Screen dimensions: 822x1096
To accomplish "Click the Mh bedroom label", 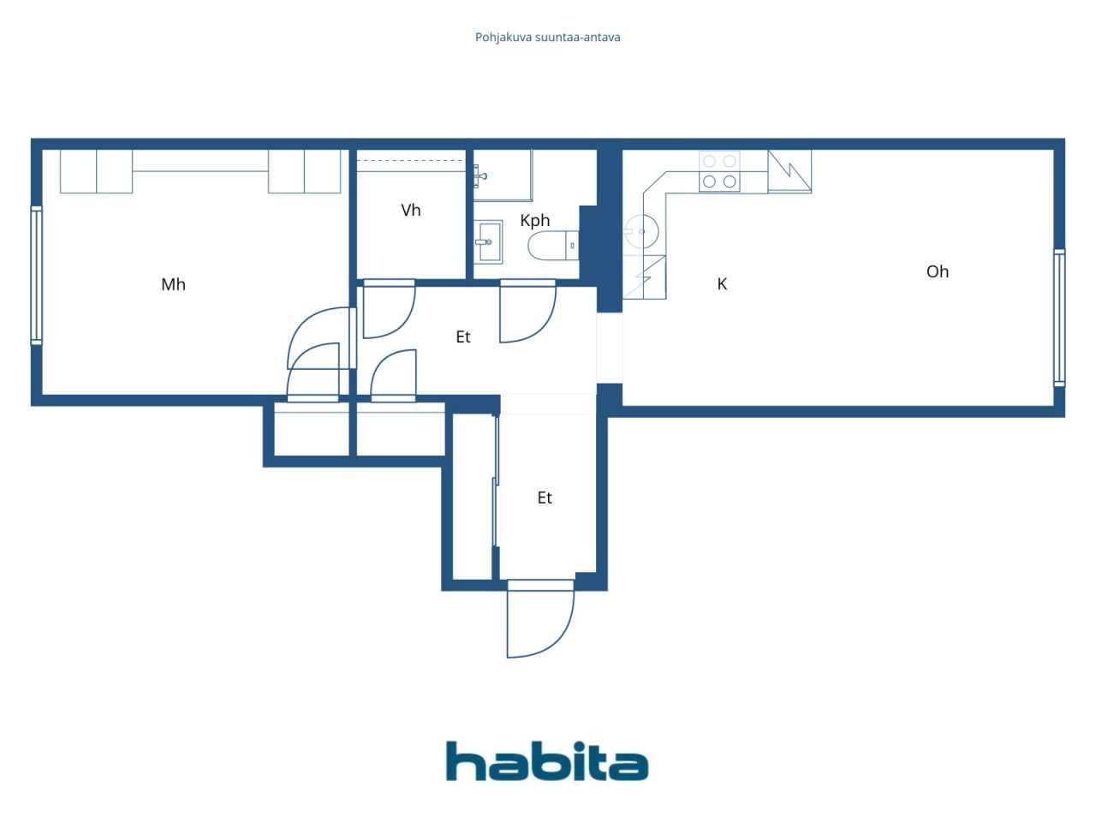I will point(173,284).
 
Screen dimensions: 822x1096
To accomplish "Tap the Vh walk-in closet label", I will point(411,210).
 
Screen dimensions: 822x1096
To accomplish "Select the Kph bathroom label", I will point(535,220).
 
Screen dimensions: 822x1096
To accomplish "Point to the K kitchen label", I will point(722,284).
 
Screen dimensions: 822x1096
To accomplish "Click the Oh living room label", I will point(938,271).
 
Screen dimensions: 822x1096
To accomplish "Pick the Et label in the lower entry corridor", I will point(545,497).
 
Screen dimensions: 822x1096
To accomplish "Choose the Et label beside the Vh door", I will point(463,337).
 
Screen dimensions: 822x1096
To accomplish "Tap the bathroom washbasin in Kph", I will point(489,241).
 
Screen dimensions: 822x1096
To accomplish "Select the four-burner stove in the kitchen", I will point(719,171).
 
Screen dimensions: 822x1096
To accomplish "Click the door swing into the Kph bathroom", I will point(526,312).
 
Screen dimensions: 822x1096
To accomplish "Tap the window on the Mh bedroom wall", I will point(36,275).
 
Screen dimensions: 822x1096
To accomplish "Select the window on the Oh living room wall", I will point(1059,318).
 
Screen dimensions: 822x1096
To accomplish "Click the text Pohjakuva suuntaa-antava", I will point(548,38).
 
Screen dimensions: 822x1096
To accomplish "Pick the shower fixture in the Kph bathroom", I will point(480,176).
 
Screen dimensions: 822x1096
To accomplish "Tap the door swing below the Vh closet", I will point(388,309).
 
